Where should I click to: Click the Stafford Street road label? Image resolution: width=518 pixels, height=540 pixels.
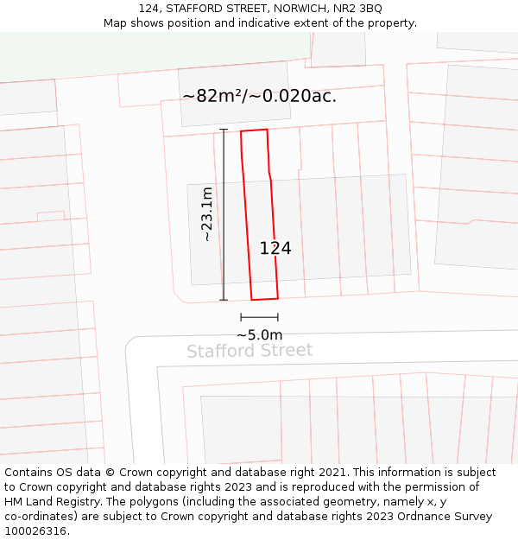pyautogui.click(x=250, y=351)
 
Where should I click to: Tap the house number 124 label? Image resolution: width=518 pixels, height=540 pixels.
pyautogui.click(x=275, y=249)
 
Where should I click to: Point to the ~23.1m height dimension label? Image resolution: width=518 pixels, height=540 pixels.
pyautogui.click(x=206, y=214)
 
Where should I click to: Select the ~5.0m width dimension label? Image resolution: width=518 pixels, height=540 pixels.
pyautogui.click(x=259, y=335)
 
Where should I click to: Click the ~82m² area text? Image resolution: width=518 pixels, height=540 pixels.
pyautogui.click(x=212, y=96)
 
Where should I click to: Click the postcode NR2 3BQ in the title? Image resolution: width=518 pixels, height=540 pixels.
pyautogui.click(x=358, y=9)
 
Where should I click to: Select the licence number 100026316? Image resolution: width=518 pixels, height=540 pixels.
pyautogui.click(x=36, y=531)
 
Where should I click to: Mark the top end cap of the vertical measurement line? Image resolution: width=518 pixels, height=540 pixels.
pyautogui.click(x=224, y=130)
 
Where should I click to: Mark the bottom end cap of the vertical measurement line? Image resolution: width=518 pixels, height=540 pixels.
pyautogui.click(x=224, y=300)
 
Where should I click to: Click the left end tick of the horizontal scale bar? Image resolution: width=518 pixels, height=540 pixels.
pyautogui.click(x=241, y=317)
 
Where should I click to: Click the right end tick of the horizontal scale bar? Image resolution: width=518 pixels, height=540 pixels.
pyautogui.click(x=278, y=317)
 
